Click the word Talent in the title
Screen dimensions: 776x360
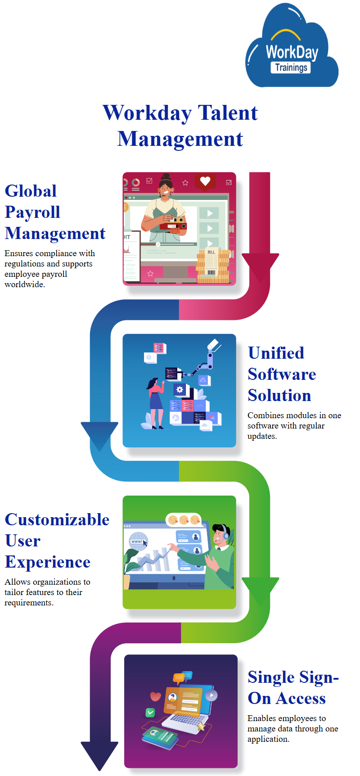227,113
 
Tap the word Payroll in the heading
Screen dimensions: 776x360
32,212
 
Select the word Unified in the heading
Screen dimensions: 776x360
276,353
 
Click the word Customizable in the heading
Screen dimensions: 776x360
57,519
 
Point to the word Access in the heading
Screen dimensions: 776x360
301,698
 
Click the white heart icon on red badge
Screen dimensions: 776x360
205,181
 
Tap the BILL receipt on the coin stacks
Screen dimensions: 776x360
211,261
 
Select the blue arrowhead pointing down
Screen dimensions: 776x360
99,435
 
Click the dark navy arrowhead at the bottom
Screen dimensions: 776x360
99,754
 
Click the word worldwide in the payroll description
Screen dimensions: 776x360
24,284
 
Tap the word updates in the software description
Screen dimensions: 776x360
261,436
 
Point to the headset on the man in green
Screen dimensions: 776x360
225,533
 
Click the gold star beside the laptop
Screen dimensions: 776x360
201,726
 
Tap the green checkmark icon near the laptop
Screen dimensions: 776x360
150,713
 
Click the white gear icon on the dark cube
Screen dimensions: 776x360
180,389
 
